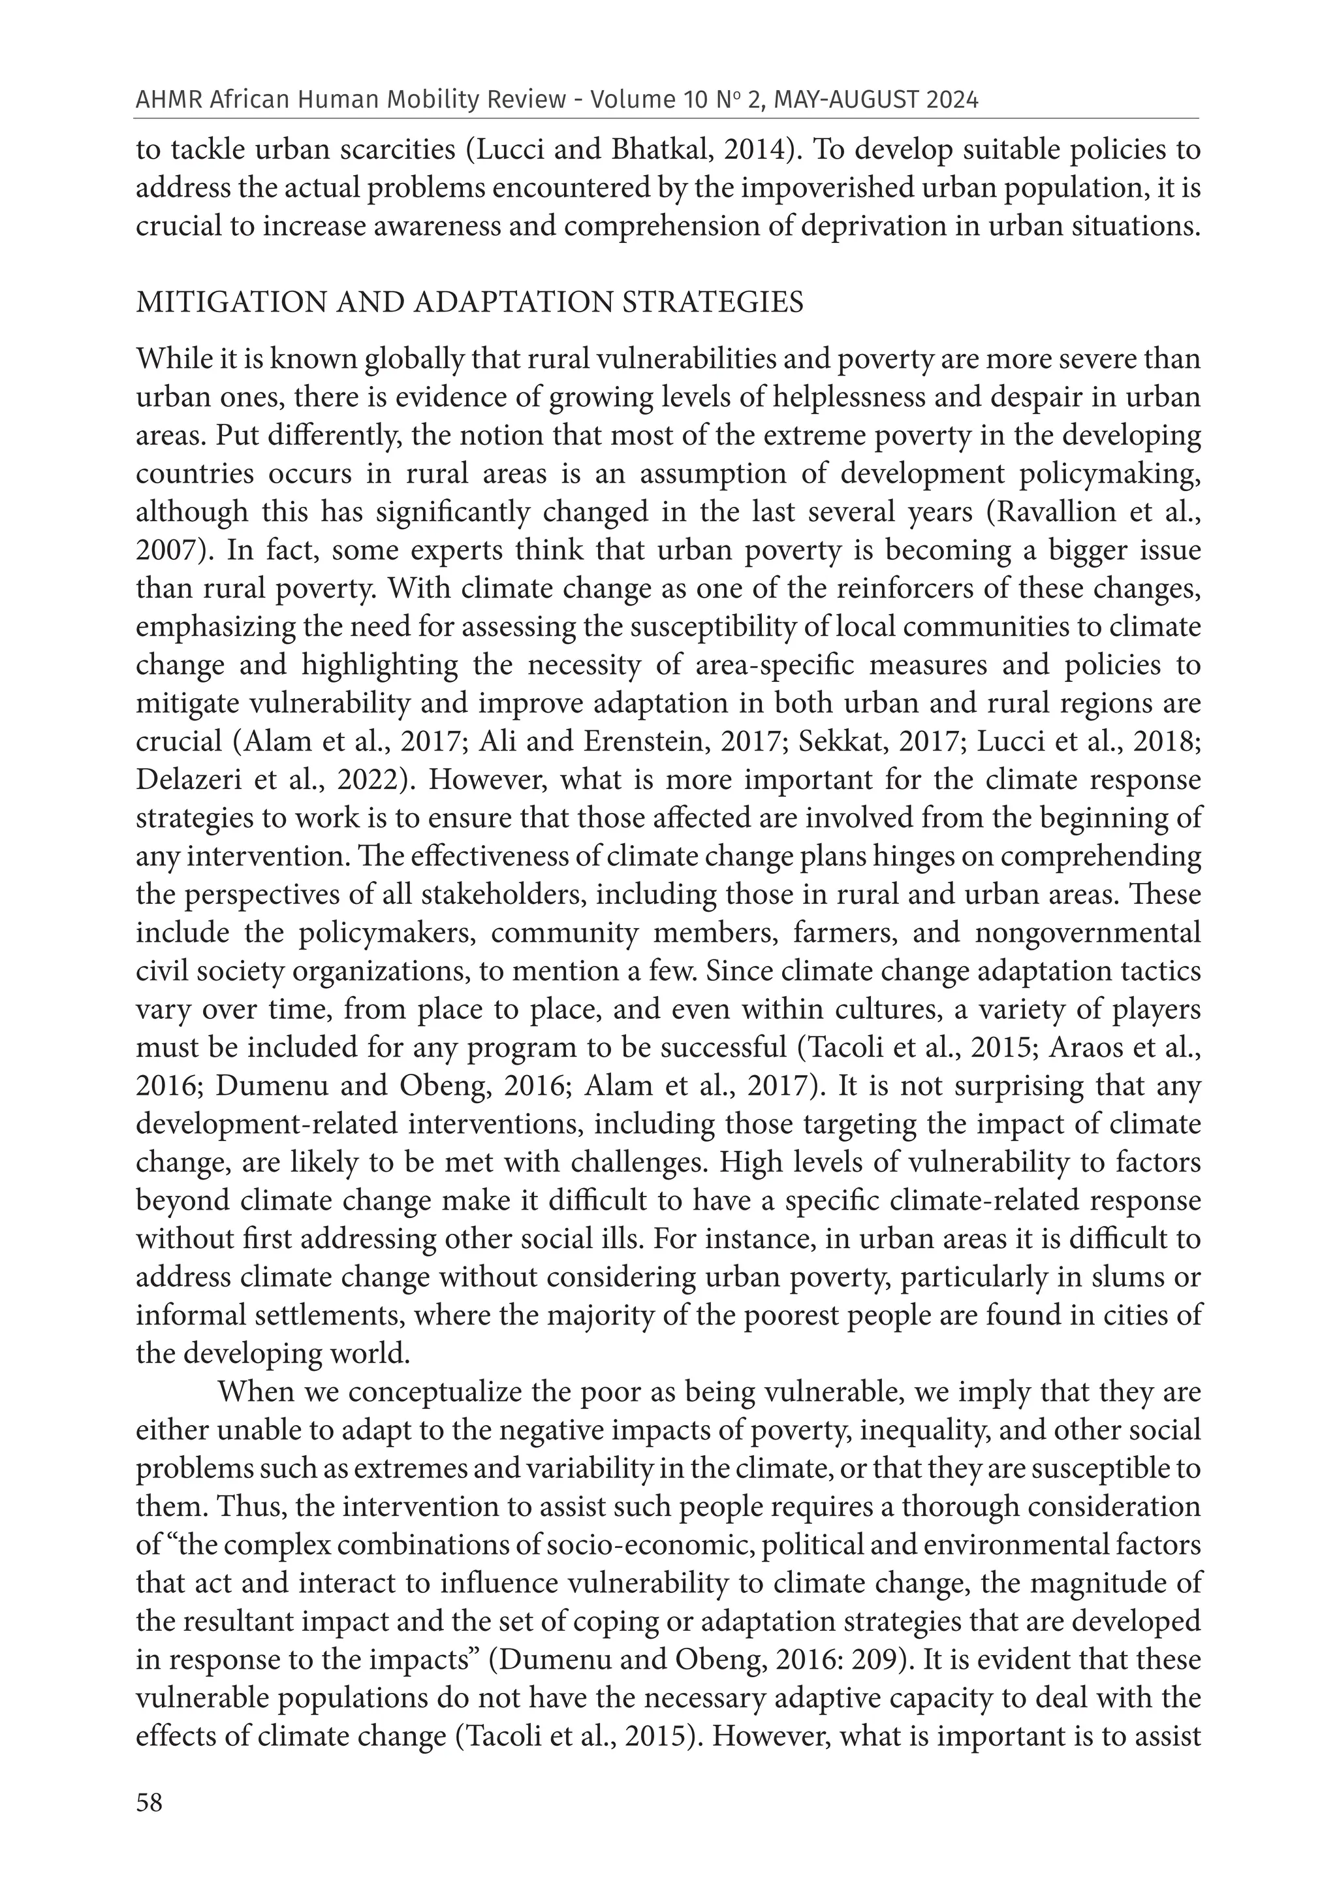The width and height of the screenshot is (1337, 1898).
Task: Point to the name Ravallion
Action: (x=1054, y=513)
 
